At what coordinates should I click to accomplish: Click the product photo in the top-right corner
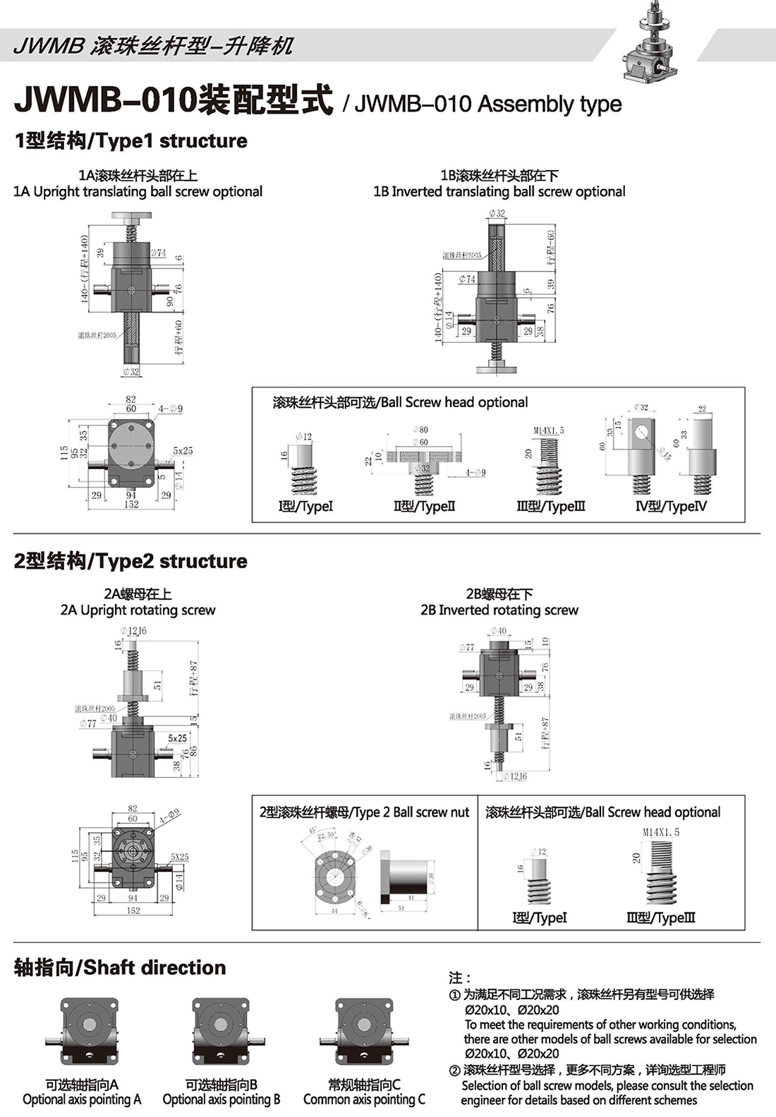click(x=652, y=43)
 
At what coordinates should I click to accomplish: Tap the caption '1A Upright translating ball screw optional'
click(x=138, y=191)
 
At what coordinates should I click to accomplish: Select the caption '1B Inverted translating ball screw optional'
click(x=499, y=191)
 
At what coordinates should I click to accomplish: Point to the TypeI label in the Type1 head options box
click(x=306, y=506)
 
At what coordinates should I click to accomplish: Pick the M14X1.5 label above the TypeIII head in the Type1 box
click(x=549, y=430)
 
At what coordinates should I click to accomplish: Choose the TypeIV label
click(x=671, y=506)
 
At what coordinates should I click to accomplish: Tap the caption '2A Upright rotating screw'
click(x=138, y=610)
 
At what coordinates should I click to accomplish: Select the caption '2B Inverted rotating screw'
click(x=499, y=610)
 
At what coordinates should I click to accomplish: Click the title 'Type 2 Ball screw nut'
click(x=364, y=812)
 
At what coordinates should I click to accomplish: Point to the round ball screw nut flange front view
click(x=335, y=877)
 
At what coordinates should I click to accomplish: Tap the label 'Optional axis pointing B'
click(x=222, y=1099)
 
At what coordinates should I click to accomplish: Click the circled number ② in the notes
click(x=454, y=1070)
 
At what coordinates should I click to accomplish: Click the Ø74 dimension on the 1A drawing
click(x=158, y=253)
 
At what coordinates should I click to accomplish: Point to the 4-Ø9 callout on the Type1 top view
click(x=170, y=409)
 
